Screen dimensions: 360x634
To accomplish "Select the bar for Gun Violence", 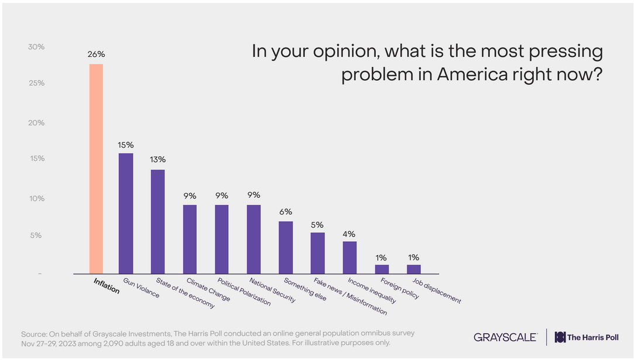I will (x=126, y=213).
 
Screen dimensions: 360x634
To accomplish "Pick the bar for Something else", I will (x=286, y=247).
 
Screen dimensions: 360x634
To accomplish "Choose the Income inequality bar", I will (x=349, y=257).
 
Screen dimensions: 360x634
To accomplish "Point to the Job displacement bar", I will (x=414, y=269).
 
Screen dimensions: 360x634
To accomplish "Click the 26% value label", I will (x=97, y=54).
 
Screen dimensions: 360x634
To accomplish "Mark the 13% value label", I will (x=158, y=159).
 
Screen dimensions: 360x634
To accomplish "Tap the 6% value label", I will (x=286, y=211).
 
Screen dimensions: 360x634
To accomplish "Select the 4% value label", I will (x=349, y=234).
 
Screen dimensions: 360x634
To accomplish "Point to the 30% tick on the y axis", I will (x=36, y=47).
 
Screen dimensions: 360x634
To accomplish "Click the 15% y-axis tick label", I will (x=36, y=159).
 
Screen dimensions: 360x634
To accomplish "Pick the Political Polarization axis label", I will (x=234, y=293).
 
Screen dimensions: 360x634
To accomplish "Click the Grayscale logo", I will (x=505, y=337).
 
